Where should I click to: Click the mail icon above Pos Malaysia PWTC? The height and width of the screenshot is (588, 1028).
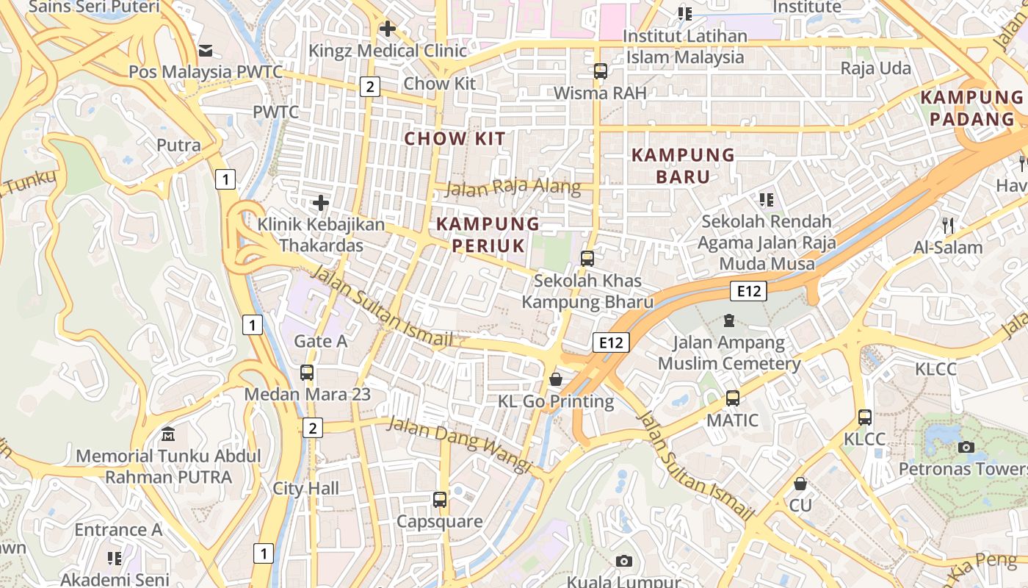[205, 51]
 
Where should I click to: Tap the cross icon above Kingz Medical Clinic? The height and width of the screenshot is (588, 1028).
[387, 29]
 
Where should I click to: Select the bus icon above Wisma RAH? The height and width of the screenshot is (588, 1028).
[601, 71]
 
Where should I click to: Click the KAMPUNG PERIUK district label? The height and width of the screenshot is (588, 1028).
[488, 234]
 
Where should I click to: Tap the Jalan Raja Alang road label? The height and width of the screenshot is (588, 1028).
[513, 187]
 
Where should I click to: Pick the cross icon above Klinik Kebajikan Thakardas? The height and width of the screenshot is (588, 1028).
[321, 203]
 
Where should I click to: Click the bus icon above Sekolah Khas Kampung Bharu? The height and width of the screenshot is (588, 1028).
[587, 259]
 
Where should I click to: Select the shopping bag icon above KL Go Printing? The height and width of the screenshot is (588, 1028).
[556, 379]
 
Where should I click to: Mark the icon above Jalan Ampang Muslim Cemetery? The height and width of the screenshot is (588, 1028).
[728, 320]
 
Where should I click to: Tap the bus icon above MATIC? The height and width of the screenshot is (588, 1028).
[732, 398]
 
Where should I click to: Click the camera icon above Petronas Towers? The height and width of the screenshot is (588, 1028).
[966, 447]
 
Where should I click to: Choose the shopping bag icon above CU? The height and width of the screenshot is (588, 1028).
[800, 484]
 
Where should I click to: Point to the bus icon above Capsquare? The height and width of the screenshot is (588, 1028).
[440, 500]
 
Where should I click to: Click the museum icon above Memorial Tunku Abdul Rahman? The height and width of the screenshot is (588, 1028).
[168, 434]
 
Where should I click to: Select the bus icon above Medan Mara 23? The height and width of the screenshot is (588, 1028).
[307, 373]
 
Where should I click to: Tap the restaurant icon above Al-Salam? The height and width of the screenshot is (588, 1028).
[948, 225]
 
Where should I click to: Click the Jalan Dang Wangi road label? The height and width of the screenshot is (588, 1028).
[459, 444]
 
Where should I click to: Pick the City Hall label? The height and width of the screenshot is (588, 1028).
[306, 489]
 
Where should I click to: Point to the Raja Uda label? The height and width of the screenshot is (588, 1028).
[875, 69]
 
